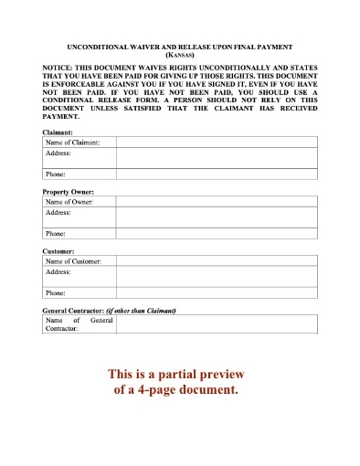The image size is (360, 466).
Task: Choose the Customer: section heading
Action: (59, 250)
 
